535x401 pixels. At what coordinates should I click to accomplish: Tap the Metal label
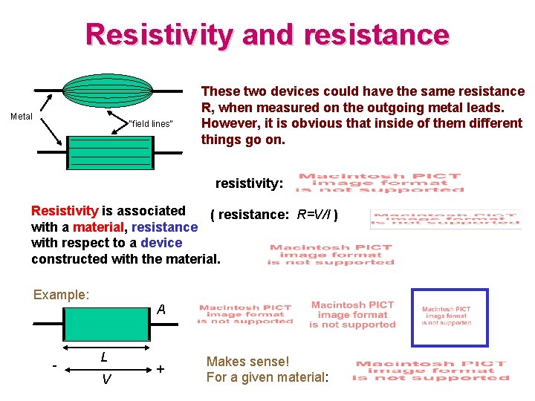22,117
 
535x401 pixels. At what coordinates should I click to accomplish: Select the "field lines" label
151,123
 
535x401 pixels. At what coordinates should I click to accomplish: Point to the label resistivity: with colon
249,183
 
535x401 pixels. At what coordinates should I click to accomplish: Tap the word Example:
61,295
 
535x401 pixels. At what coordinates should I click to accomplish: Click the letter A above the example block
160,310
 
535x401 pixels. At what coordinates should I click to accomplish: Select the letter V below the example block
106,379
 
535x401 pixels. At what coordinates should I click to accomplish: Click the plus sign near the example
160,368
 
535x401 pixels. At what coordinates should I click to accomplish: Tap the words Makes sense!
247,362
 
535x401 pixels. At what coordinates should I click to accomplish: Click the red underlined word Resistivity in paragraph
65,211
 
